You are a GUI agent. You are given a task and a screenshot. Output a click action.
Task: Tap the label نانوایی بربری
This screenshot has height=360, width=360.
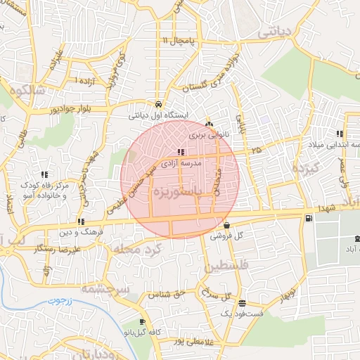[x=205, y=134]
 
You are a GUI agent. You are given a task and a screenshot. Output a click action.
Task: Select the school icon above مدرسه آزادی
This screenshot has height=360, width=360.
[x=181, y=152]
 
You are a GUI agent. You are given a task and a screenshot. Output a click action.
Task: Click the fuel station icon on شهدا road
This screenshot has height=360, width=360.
[x=308, y=219]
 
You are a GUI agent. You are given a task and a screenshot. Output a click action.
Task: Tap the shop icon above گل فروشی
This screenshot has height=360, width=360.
[x=226, y=226]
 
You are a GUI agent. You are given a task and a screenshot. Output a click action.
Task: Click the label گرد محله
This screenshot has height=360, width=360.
[x=133, y=250]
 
